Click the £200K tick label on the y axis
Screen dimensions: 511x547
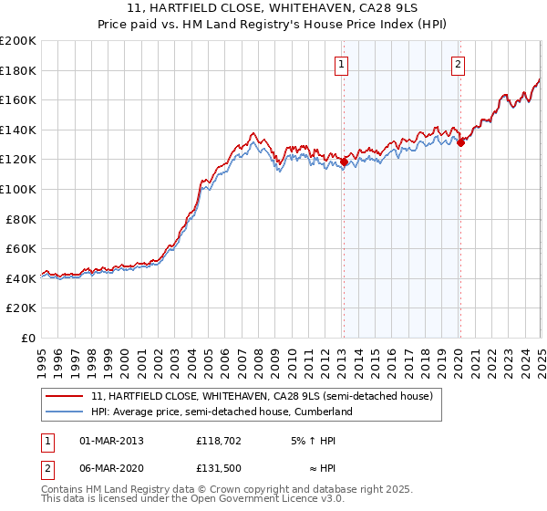17,41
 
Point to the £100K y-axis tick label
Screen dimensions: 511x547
17,189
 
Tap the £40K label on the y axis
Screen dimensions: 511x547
21,278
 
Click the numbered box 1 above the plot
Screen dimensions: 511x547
340,64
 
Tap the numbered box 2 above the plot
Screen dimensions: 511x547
457,64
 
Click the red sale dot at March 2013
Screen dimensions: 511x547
344,162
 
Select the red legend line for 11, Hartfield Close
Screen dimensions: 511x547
65,397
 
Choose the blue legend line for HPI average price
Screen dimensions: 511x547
65,412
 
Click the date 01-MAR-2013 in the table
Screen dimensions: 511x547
111,441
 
